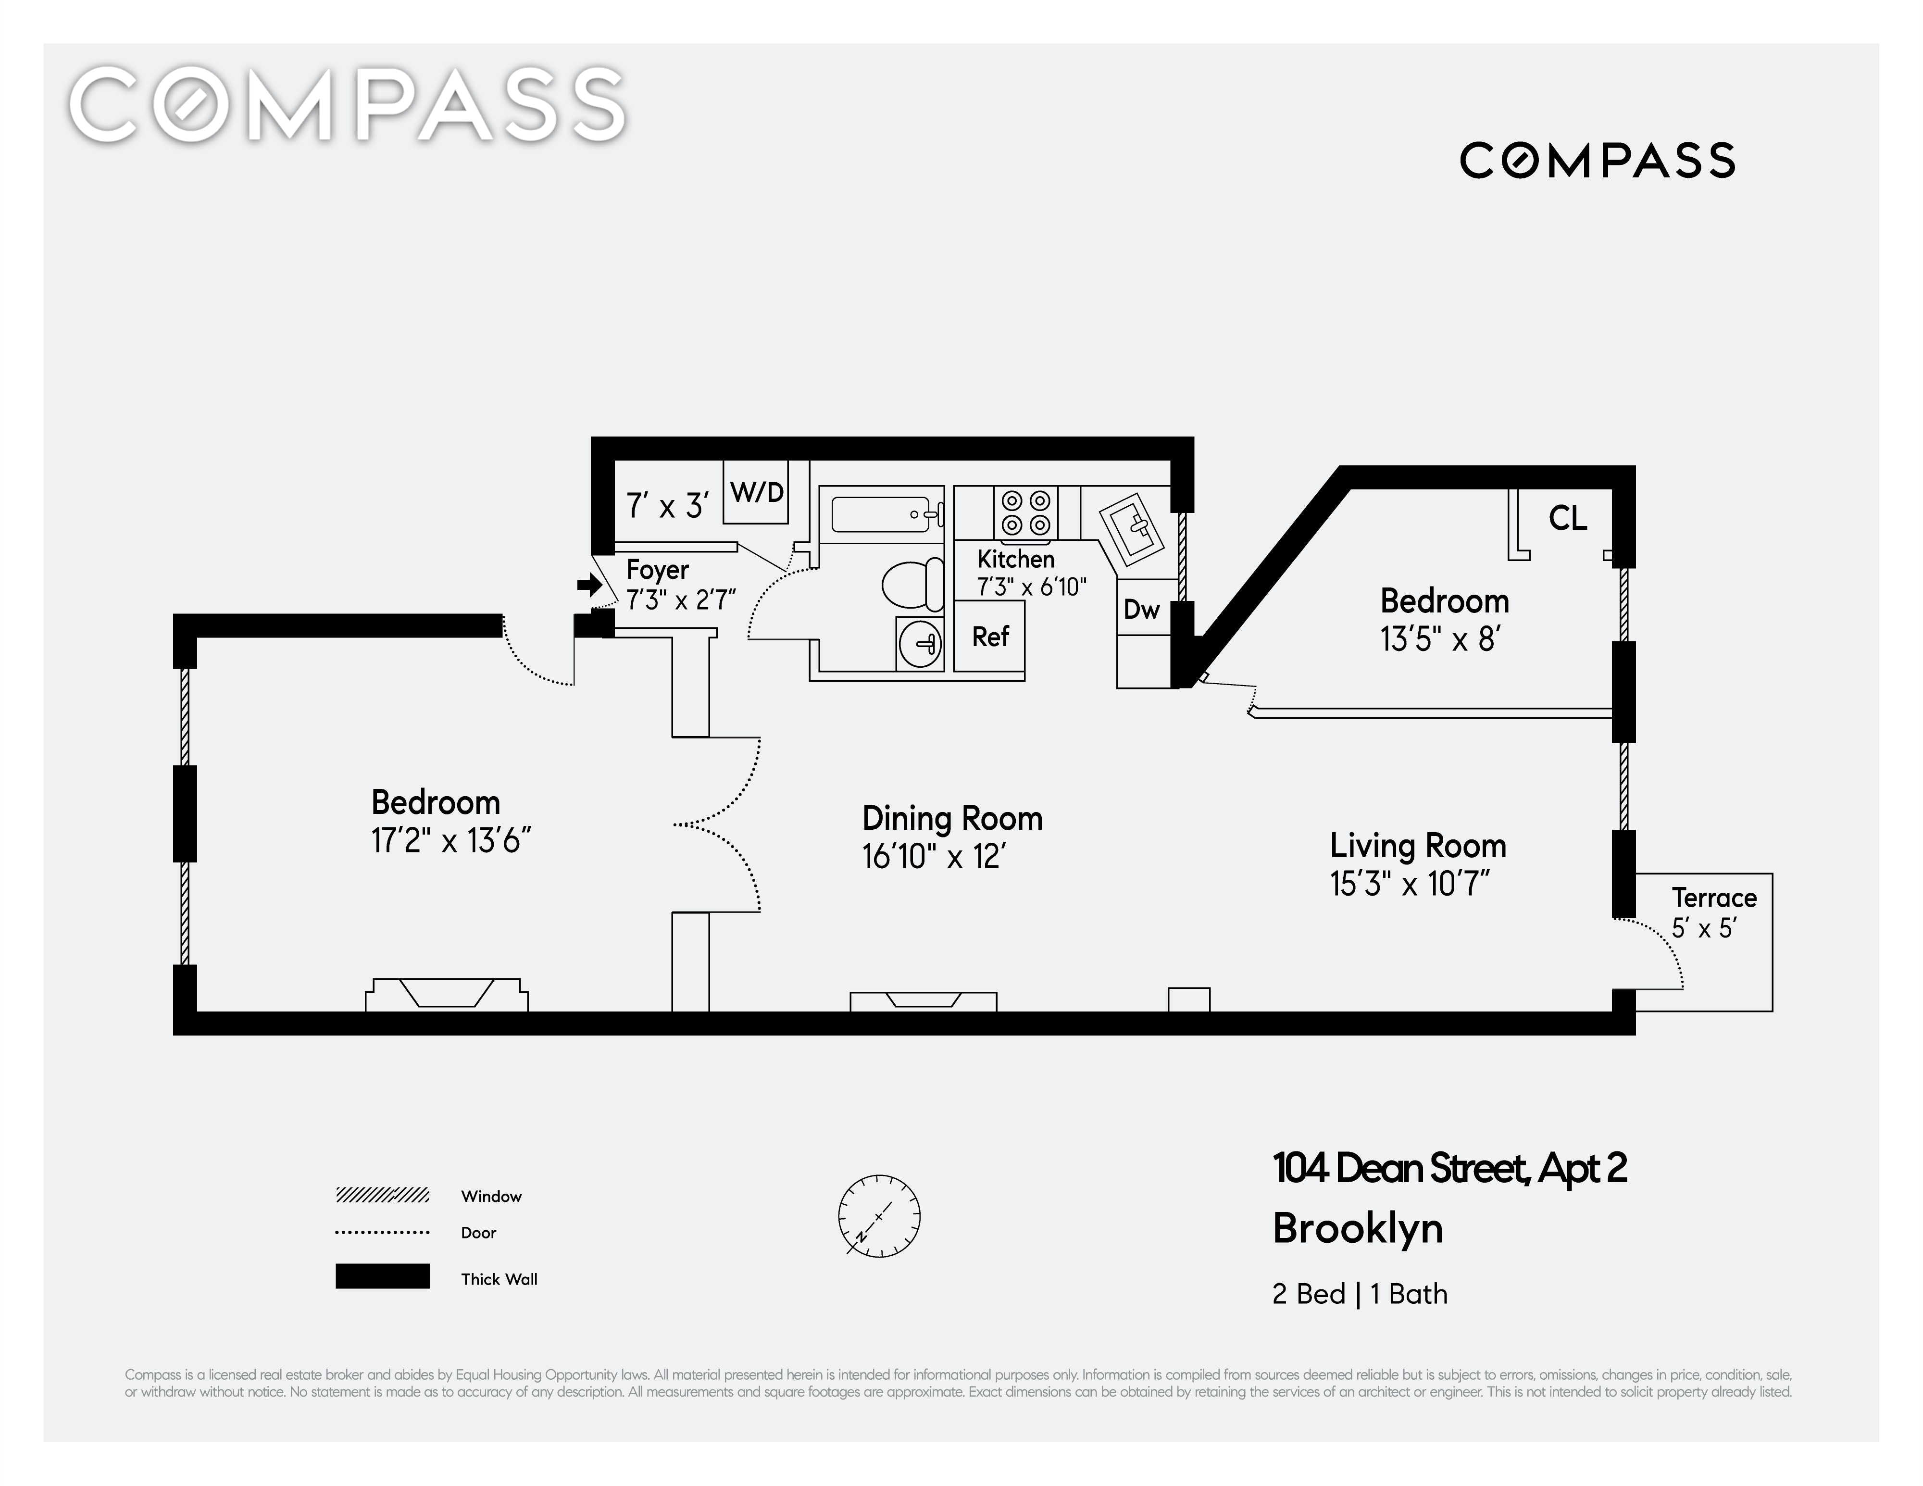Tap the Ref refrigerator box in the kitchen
tap(990, 636)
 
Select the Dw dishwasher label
tap(1141, 609)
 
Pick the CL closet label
tap(1567, 519)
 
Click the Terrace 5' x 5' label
tap(1712, 912)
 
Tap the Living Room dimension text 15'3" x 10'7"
tap(1409, 884)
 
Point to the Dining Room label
tap(952, 819)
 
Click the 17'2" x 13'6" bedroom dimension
tap(451, 841)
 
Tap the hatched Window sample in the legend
tap(382, 1195)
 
